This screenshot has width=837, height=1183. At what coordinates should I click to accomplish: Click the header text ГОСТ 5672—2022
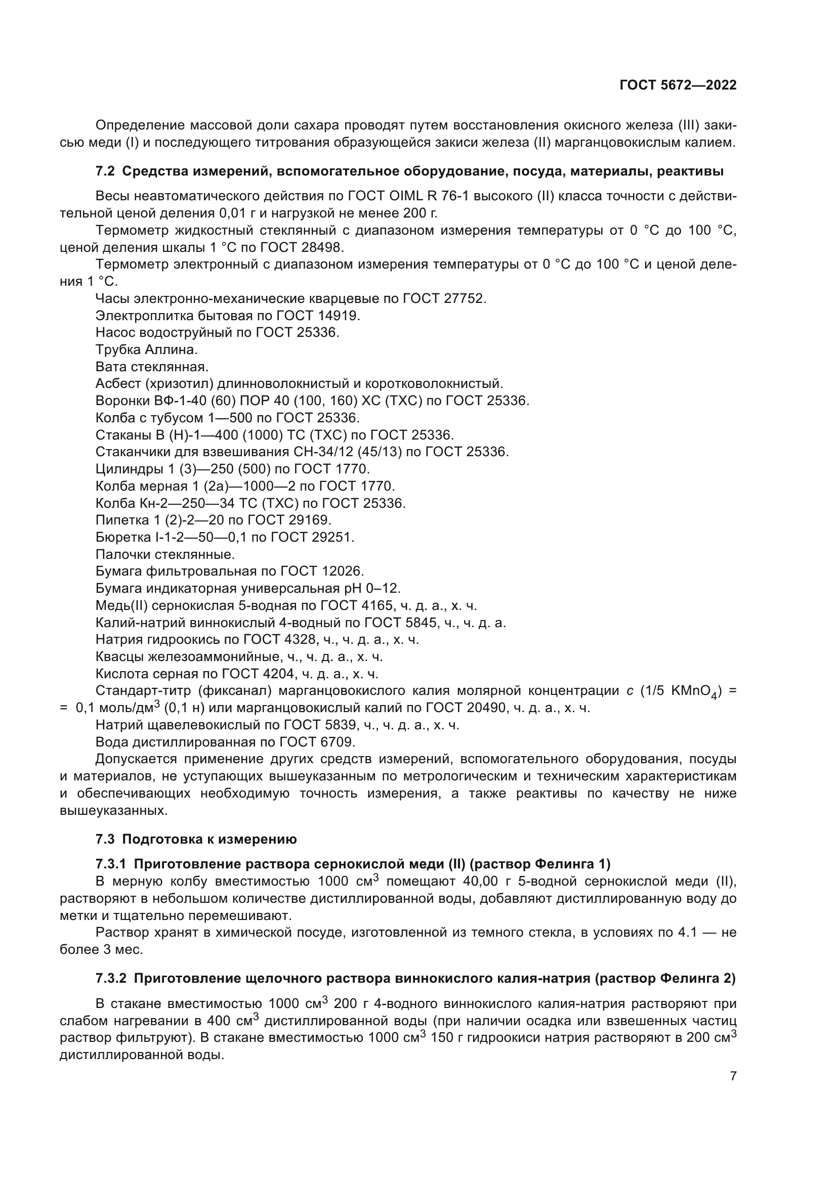pyautogui.click(x=678, y=85)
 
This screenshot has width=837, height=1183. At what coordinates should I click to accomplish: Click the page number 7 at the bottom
pyautogui.click(x=733, y=1076)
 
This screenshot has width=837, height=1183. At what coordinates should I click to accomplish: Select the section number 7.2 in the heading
pyautogui.click(x=105, y=171)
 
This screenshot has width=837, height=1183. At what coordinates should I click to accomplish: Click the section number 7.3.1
pyautogui.click(x=111, y=863)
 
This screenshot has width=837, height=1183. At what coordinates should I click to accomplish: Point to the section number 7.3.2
pyautogui.click(x=111, y=979)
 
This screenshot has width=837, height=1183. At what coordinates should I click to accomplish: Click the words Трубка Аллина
pyautogui.click(x=146, y=350)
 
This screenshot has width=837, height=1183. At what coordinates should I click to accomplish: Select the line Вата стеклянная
pyautogui.click(x=151, y=367)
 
